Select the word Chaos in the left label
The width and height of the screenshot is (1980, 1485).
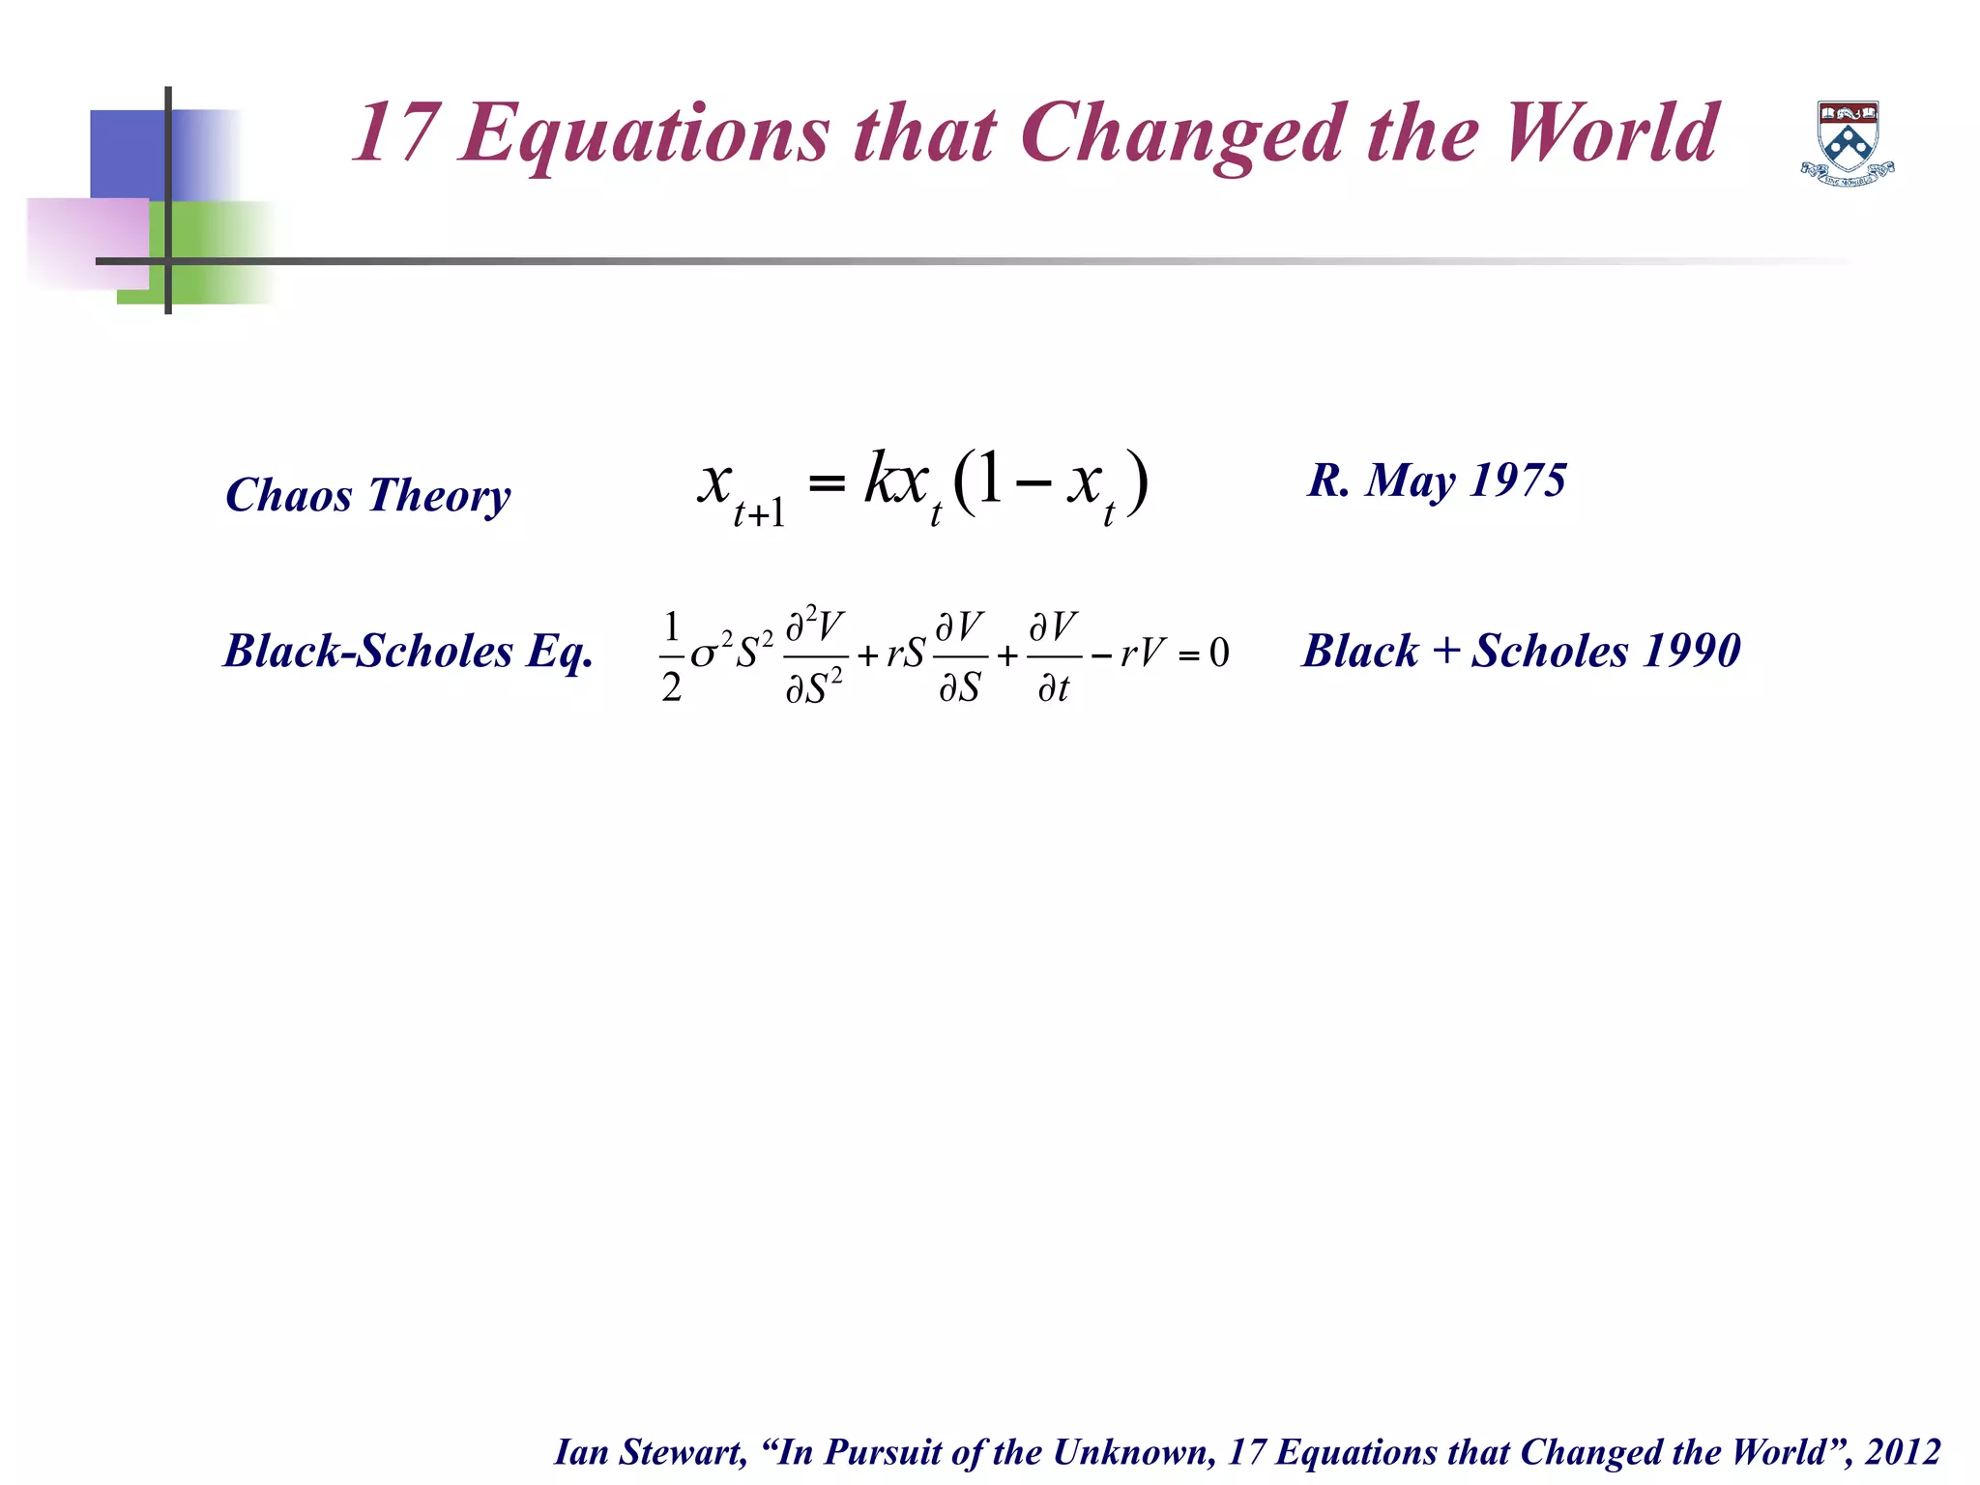288,495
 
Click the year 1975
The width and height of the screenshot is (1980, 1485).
1517,480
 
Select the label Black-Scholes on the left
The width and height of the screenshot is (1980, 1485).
368,651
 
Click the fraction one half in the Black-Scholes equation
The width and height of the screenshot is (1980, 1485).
672,655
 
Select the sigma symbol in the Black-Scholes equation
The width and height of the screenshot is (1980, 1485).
703,656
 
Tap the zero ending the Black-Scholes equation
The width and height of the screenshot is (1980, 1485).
1219,655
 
